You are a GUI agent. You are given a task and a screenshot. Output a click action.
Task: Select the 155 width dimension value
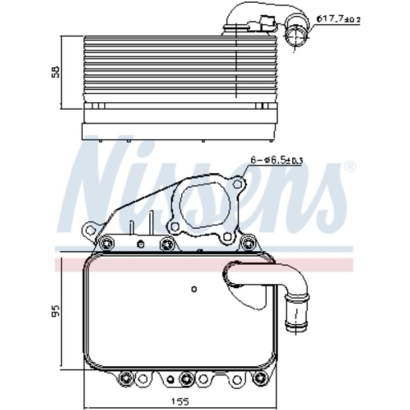[177, 399]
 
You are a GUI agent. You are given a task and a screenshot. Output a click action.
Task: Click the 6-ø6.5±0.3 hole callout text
[276, 160]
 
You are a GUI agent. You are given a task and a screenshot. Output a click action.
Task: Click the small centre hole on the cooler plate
[194, 289]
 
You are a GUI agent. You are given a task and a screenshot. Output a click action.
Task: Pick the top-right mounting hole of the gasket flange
[237, 184]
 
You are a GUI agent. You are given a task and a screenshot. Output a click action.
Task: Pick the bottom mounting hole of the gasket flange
[225, 237]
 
